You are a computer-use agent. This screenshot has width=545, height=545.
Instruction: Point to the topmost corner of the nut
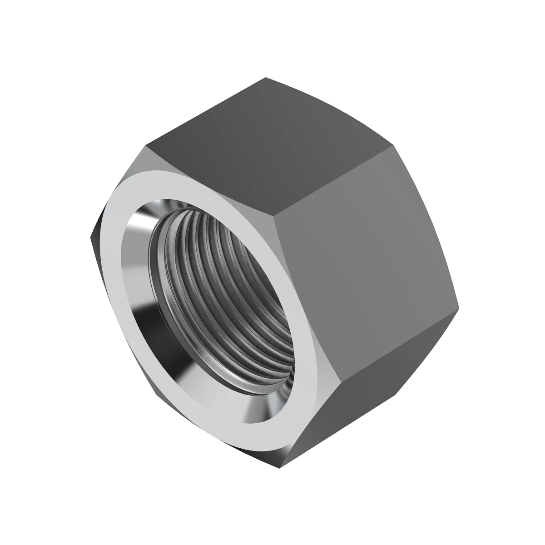(x=265, y=78)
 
